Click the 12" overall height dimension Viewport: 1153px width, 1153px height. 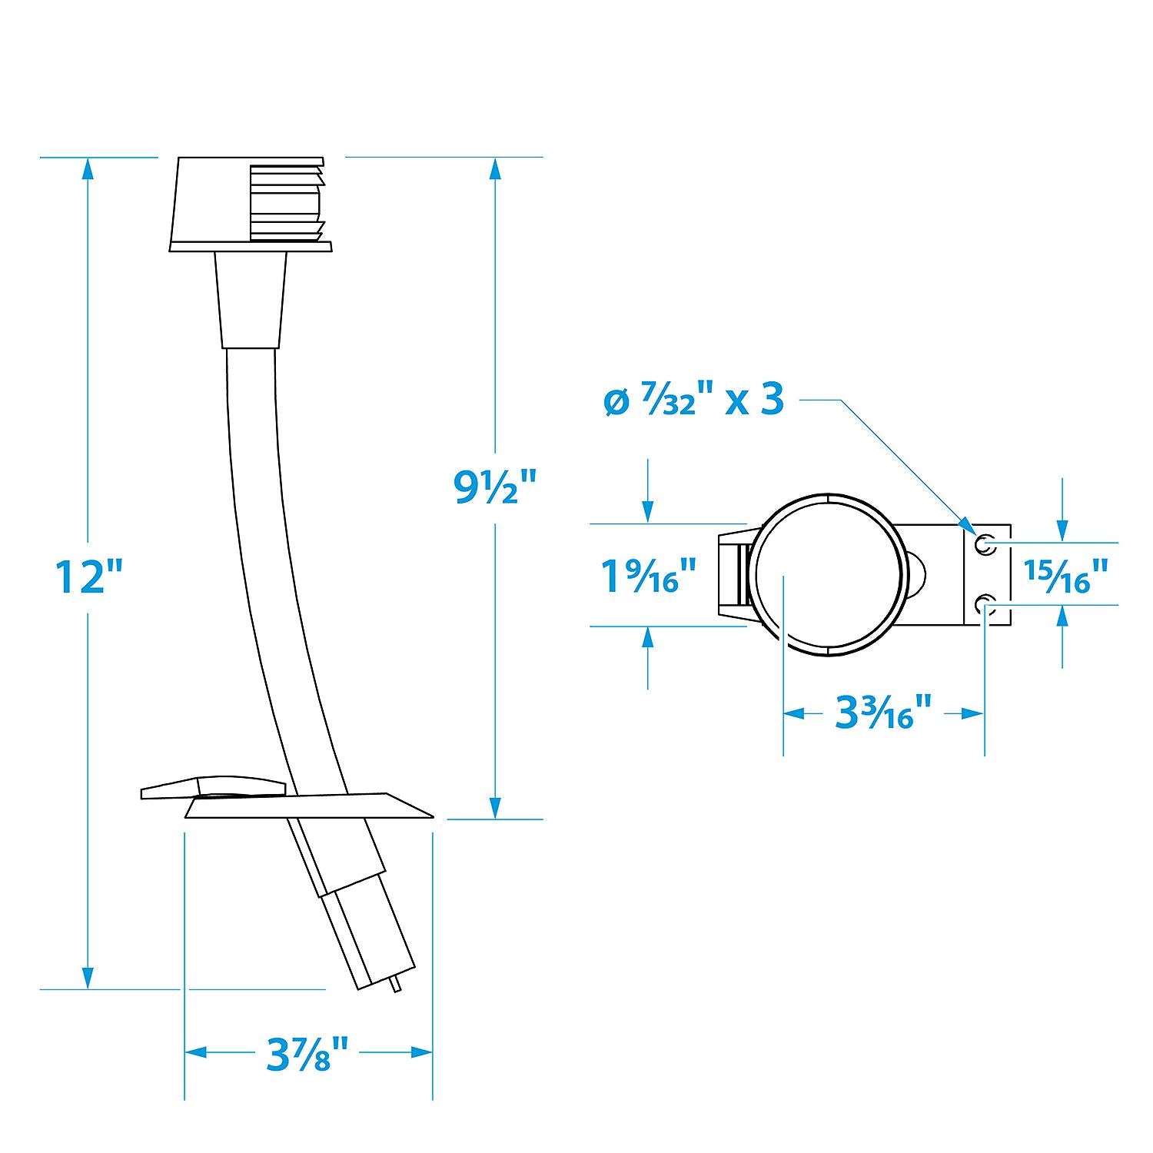(x=90, y=576)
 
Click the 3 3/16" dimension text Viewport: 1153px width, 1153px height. (x=884, y=713)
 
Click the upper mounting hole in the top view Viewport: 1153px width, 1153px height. (x=984, y=545)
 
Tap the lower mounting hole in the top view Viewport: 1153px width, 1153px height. (x=984, y=605)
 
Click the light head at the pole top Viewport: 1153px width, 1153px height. (x=251, y=204)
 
